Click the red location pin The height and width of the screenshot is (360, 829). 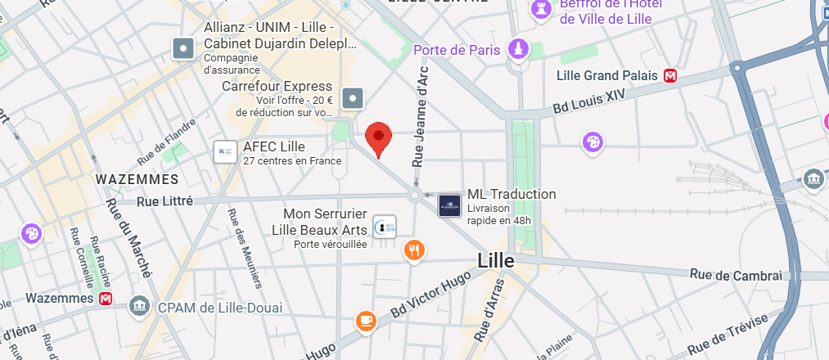click(x=378, y=137)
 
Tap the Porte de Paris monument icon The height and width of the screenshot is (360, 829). click(x=517, y=50)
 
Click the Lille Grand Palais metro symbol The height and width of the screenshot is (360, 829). click(x=671, y=75)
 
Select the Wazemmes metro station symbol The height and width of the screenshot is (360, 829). click(x=106, y=299)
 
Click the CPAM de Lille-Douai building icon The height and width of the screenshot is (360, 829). click(x=140, y=308)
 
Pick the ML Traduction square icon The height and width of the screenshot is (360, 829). click(x=449, y=205)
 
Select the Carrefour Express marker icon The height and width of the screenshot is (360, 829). click(x=353, y=99)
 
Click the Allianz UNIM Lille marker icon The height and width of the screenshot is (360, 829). click(x=182, y=49)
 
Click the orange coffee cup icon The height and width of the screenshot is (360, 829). click(x=366, y=321)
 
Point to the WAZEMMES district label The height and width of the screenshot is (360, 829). click(x=137, y=178)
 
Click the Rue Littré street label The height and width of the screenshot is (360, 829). click(x=164, y=200)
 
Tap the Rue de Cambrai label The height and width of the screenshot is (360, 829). click(x=736, y=275)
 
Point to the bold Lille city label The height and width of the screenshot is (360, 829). click(x=496, y=261)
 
